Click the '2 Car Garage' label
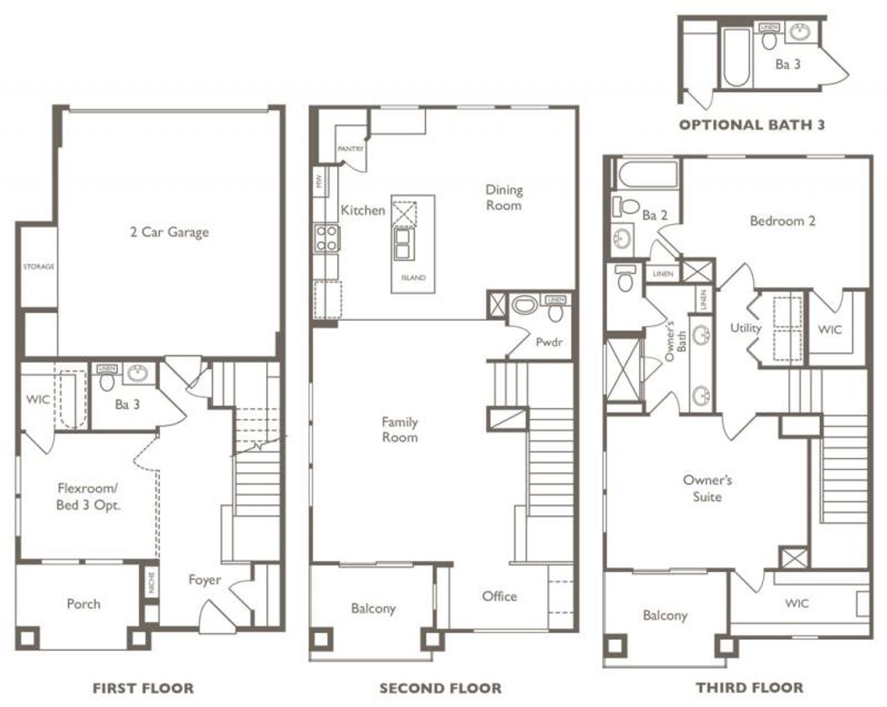pos(169,232)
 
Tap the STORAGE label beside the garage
pos(38,267)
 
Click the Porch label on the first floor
pos(83,604)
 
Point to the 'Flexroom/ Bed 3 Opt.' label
pos(88,496)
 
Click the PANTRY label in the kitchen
pos(350,149)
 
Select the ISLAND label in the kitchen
pos(413,278)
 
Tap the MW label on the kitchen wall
pos(319,182)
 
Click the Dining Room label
pos(504,197)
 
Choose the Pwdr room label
pos(549,342)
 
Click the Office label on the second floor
pos(500,596)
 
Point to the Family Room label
pos(400,429)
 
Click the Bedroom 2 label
pos(782,221)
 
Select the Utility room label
pos(746,328)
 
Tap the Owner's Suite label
pos(707,488)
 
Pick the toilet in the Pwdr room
pos(555,312)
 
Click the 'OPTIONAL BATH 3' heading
pos(752,125)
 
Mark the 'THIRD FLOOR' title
pos(750,688)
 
